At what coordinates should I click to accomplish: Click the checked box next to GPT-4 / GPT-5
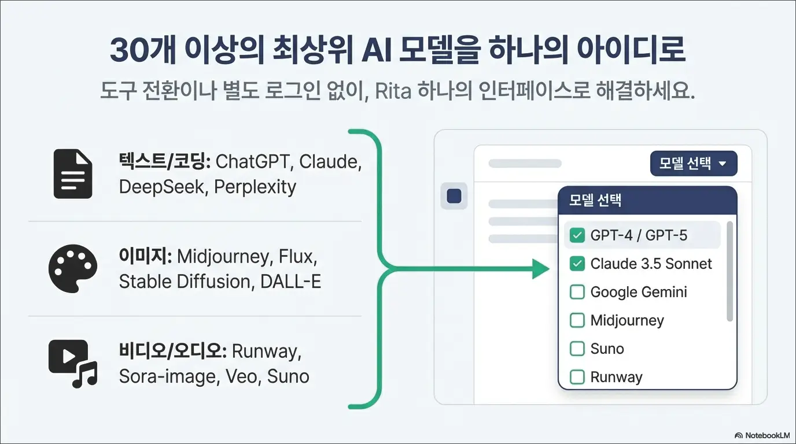point(577,235)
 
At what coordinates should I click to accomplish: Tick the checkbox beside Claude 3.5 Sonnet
point(577,264)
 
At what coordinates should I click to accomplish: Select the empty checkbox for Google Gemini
point(577,292)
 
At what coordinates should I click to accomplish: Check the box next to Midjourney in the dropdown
point(577,320)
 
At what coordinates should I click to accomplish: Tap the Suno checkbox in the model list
point(577,349)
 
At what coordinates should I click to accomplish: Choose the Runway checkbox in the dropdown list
point(577,377)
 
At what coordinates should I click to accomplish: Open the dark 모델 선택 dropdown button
point(694,164)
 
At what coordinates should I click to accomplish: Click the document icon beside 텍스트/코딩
point(72,174)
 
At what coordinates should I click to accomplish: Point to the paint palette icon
point(72,268)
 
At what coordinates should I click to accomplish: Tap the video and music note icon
point(72,363)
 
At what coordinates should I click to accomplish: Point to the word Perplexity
point(255,187)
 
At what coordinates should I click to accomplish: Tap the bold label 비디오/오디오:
point(172,351)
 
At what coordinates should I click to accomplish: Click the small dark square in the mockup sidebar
point(454,196)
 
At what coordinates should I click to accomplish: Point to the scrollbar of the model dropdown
point(729,272)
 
